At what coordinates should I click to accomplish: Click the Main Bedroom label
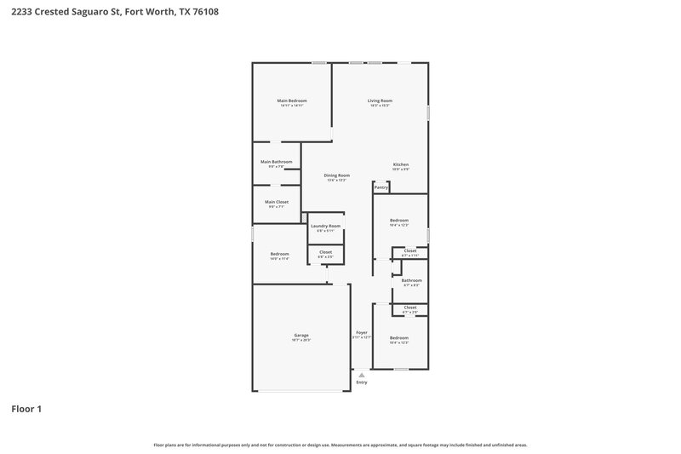(x=291, y=101)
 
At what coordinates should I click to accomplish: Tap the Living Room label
(x=380, y=101)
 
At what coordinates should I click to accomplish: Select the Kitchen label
(x=400, y=164)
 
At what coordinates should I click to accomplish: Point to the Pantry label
(x=381, y=187)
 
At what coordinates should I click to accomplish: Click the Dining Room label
(x=336, y=175)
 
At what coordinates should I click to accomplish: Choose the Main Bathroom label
(x=276, y=162)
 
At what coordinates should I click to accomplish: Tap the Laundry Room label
(x=325, y=226)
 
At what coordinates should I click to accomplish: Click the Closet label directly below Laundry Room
(x=325, y=251)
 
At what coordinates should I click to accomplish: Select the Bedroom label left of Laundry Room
(x=279, y=253)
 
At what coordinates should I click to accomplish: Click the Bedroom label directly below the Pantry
(x=399, y=220)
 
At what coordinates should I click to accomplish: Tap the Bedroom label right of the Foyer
(x=399, y=337)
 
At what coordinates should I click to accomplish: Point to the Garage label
(x=301, y=335)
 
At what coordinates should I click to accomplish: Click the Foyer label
(x=362, y=333)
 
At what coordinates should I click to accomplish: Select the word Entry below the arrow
(x=362, y=382)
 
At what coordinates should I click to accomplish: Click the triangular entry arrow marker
(x=362, y=374)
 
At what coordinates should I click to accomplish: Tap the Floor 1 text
(x=26, y=410)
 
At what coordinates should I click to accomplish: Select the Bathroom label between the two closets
(x=412, y=280)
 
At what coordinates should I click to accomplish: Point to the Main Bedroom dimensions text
(x=291, y=106)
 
